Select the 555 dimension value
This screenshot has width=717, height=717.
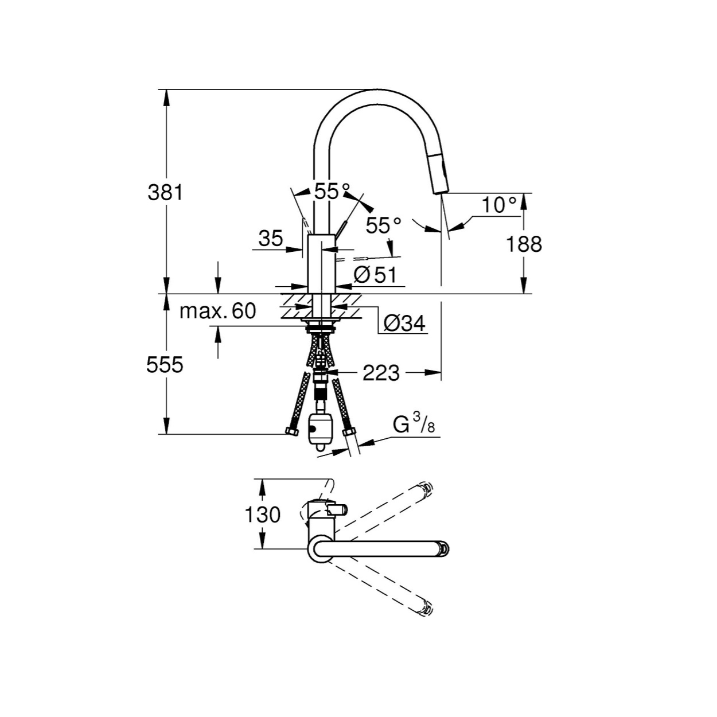[165, 365]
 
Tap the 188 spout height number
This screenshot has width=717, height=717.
[524, 244]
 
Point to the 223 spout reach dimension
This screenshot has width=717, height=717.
[381, 373]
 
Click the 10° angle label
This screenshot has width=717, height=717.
[500, 205]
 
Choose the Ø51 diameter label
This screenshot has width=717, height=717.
[375, 275]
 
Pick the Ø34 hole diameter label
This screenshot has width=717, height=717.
[404, 324]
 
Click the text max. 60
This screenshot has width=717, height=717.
[217, 311]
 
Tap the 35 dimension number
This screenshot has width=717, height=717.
[271, 238]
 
